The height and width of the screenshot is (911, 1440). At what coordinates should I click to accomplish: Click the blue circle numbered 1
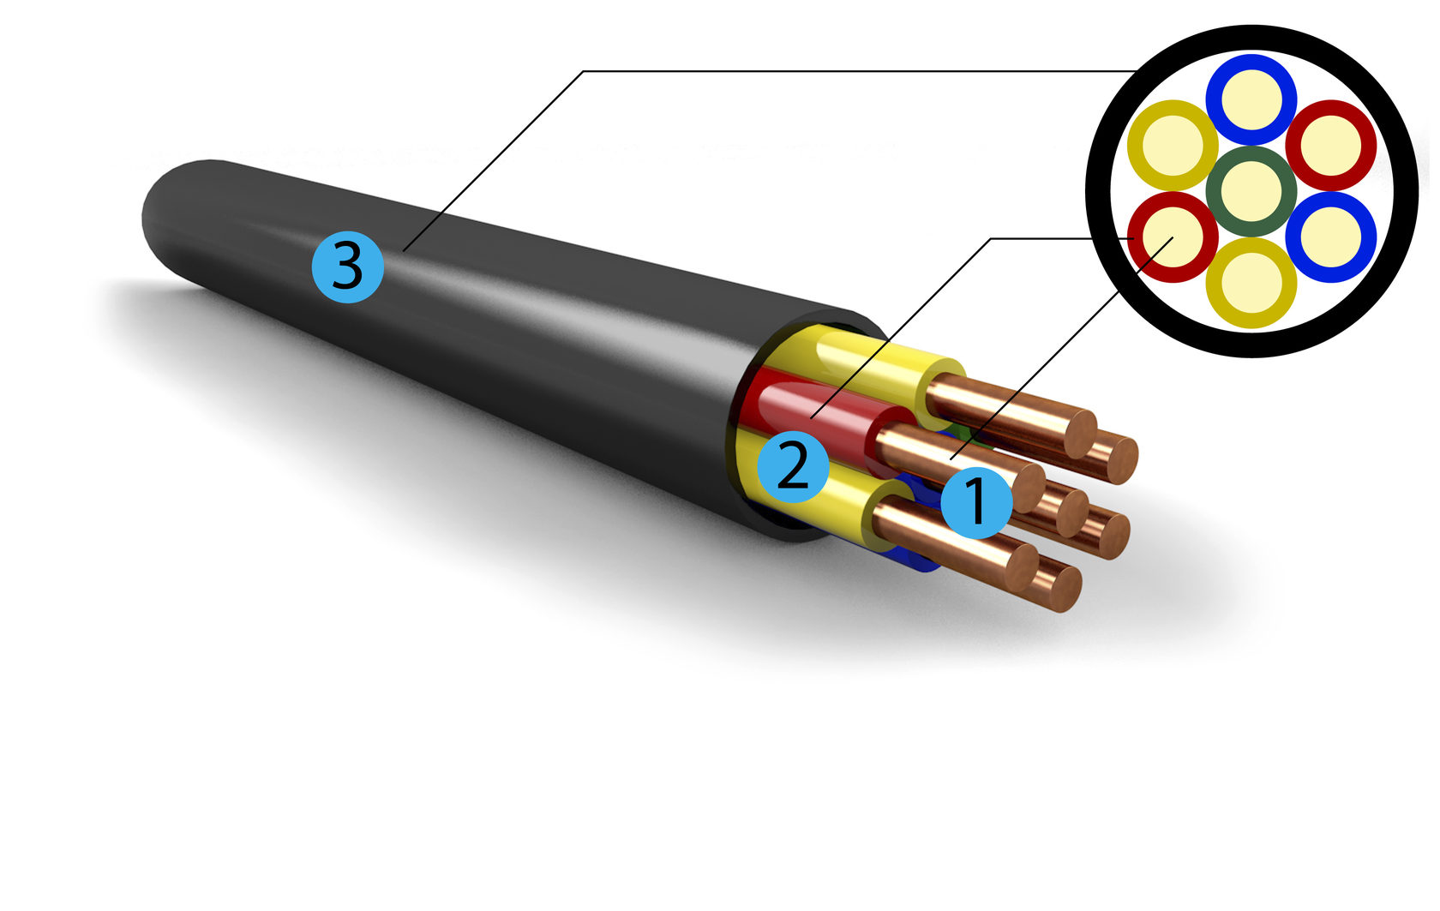(976, 502)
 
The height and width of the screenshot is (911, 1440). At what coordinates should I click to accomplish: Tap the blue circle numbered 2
(793, 467)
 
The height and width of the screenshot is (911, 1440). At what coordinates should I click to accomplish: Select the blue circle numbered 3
(347, 267)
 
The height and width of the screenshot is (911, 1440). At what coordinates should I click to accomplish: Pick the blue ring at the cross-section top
(1251, 67)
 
